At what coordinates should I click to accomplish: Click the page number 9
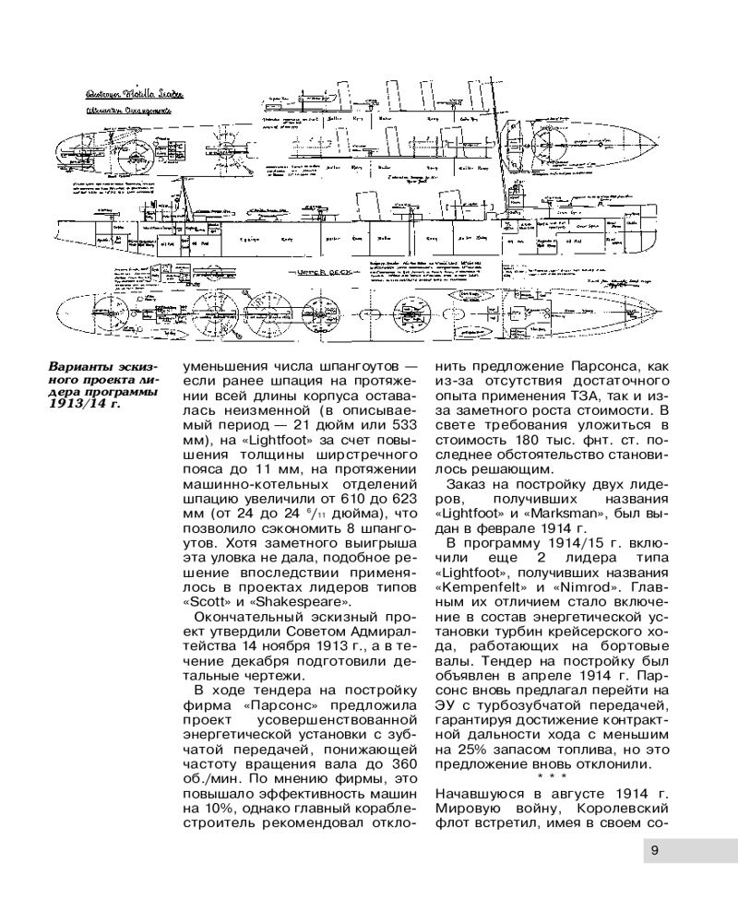tap(653, 850)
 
